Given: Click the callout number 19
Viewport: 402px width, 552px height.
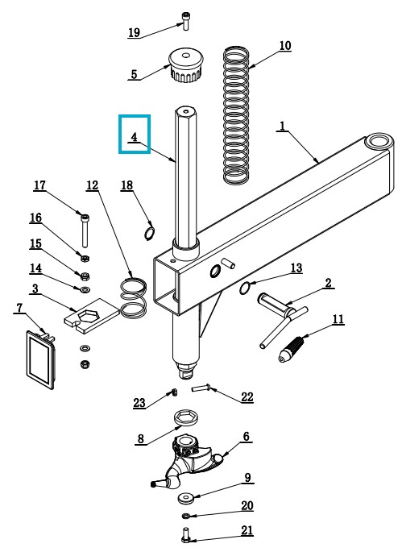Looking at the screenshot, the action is [x=134, y=32].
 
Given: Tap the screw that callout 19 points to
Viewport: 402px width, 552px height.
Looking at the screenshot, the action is [x=185, y=21].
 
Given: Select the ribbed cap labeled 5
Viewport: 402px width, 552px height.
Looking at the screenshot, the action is [x=187, y=65].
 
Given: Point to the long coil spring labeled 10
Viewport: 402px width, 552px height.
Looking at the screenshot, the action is [x=237, y=114].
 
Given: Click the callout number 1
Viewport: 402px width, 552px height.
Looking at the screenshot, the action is [x=282, y=126].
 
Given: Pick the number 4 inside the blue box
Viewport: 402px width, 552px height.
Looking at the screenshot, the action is [x=134, y=137].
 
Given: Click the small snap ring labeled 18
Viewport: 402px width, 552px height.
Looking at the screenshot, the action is [x=150, y=233].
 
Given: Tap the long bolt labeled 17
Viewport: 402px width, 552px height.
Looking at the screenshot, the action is [x=85, y=230].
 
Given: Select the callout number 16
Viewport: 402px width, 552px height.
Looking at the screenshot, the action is [x=35, y=218].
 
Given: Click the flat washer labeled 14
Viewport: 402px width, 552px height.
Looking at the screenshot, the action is [x=85, y=290].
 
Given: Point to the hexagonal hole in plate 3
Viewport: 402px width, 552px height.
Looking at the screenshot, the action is [x=91, y=315].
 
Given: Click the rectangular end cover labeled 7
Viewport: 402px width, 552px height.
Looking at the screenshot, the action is [x=40, y=359].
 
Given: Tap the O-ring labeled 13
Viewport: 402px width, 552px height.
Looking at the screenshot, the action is [x=245, y=288].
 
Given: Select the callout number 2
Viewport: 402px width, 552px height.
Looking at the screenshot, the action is [x=328, y=283].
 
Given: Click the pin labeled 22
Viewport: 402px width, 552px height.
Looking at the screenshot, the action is [x=201, y=388].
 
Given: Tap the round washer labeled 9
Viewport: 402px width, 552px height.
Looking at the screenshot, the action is [x=185, y=498].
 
